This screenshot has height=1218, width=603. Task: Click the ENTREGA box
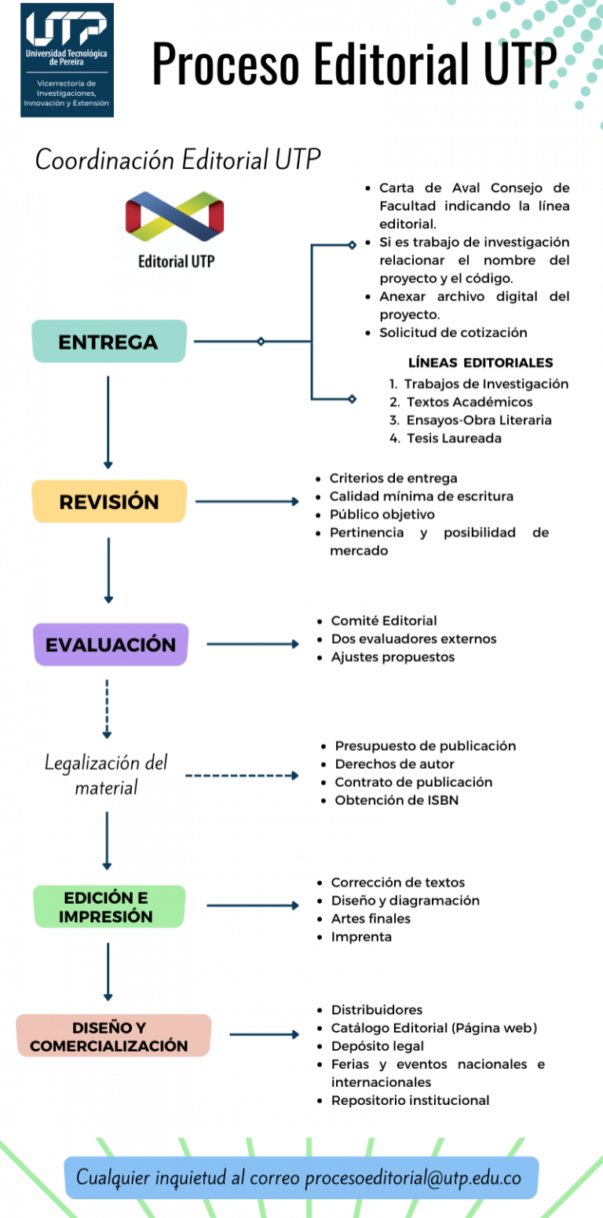(109, 342)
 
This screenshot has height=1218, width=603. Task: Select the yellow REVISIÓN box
(109, 501)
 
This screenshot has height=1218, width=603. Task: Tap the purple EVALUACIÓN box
(111, 645)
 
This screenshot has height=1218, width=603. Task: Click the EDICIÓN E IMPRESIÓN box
(109, 906)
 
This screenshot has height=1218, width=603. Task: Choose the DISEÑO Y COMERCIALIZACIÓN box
(114, 1036)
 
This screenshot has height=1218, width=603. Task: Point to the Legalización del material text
(106, 774)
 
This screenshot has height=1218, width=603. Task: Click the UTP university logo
(67, 60)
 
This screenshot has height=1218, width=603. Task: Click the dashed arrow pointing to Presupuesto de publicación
(242, 775)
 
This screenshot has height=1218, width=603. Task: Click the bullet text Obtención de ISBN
(397, 800)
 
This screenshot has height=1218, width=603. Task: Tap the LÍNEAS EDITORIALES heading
(481, 363)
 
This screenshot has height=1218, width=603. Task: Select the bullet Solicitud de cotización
(453, 332)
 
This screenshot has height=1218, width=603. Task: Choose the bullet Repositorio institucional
(410, 1100)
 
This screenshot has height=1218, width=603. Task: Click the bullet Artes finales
(371, 918)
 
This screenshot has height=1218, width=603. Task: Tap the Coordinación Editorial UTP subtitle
(178, 160)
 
